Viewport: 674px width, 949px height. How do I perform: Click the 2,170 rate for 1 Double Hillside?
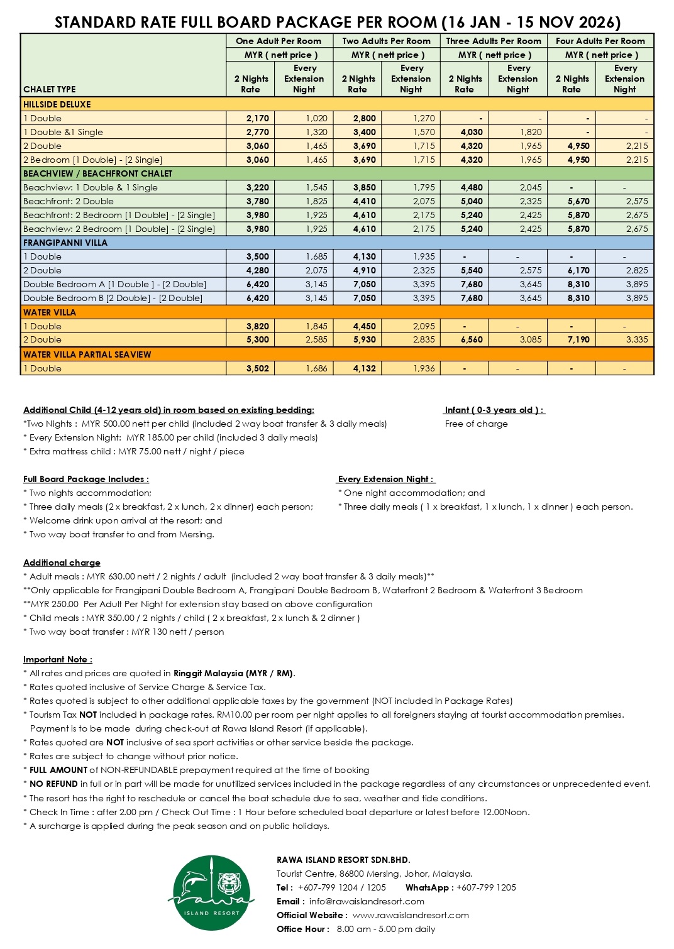pyautogui.click(x=257, y=118)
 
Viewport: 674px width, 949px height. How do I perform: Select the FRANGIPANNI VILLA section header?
pyautogui.click(x=65, y=243)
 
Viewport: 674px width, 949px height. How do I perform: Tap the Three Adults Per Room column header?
pyautogui.click(x=494, y=41)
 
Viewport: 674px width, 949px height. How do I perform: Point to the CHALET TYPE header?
pyautogui.click(x=49, y=89)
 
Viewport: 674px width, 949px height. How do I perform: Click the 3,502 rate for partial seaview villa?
pyautogui.click(x=257, y=368)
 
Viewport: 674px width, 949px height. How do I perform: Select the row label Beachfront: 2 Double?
pyautogui.click(x=69, y=201)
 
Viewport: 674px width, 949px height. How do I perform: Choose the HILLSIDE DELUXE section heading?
pyautogui.click(x=57, y=104)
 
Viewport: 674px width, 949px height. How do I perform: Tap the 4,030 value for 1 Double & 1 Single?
pyautogui.click(x=471, y=132)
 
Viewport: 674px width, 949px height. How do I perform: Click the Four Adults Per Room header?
pyautogui.click(x=600, y=41)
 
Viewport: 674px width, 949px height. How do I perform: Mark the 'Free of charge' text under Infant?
pyautogui.click(x=476, y=424)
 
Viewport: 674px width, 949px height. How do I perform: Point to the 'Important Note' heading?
pyautogui.click(x=58, y=659)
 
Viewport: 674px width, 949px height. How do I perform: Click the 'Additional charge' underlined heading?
pyautogui.click(x=62, y=562)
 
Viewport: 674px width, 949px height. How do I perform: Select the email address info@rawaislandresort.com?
pyautogui.click(x=367, y=901)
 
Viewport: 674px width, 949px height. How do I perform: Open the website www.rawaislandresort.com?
pyautogui.click(x=411, y=915)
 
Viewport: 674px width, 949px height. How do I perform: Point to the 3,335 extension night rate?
pyautogui.click(x=636, y=339)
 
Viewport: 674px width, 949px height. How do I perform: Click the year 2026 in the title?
pyautogui.click(x=595, y=23)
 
